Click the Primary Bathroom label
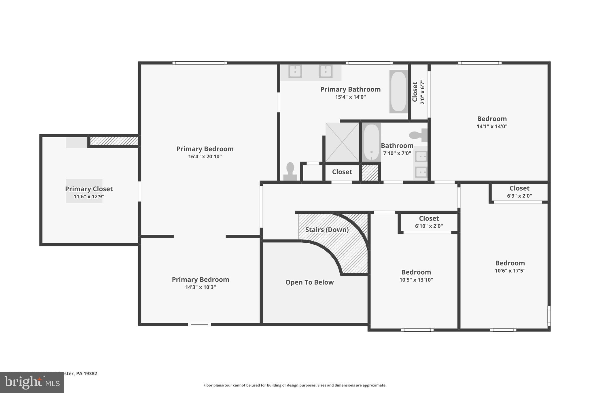click(350, 89)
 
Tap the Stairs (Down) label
click(327, 230)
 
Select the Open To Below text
click(309, 282)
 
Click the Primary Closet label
click(89, 189)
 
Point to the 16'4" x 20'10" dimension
click(205, 157)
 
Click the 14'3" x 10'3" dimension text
click(201, 287)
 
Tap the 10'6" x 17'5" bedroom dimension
click(510, 271)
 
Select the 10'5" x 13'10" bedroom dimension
click(416, 280)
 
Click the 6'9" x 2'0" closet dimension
click(519, 196)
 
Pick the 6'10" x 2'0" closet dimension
click(429, 226)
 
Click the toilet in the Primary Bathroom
click(290, 172)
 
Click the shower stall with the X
click(342, 142)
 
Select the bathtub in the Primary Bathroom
click(398, 92)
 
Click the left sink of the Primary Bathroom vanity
click(295, 71)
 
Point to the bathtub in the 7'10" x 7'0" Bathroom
click(371, 142)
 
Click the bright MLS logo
click(32, 382)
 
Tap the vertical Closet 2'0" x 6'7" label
click(418, 92)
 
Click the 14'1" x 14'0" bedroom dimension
click(492, 126)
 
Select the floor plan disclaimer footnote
click(295, 385)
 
